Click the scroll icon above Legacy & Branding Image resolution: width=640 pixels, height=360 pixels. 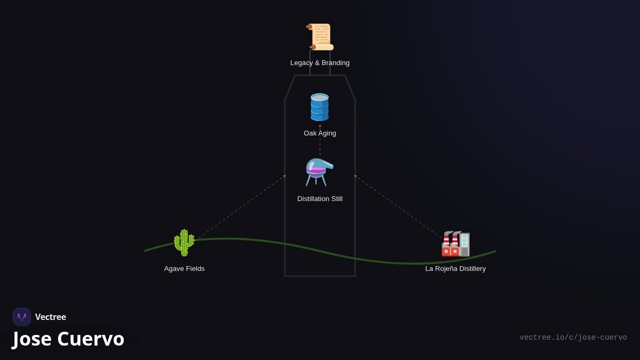tap(319, 37)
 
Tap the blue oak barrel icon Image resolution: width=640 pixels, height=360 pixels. tap(319, 107)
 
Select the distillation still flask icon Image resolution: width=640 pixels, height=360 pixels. tap(319, 172)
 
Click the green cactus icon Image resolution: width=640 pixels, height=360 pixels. tap(185, 243)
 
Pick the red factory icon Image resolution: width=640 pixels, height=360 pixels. tap(455, 243)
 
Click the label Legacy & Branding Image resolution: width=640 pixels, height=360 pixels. tap(319, 63)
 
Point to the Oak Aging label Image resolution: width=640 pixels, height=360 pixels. tap(319, 133)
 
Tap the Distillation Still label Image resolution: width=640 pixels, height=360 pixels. tap(319, 199)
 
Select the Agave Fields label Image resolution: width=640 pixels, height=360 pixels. tap(185, 269)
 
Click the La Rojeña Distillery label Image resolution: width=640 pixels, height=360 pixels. tap(455, 269)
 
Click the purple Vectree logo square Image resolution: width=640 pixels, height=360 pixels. tap(22, 317)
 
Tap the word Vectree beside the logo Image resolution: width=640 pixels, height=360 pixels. tap(51, 317)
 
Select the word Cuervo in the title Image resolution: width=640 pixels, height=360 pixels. tap(91, 339)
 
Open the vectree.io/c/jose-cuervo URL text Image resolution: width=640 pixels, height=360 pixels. tap(573, 338)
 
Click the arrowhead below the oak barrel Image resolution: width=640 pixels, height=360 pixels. tap(319, 126)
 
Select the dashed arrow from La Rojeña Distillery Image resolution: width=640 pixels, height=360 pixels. tap(398, 207)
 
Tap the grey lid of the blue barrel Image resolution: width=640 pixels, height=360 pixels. tap(319, 98)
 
